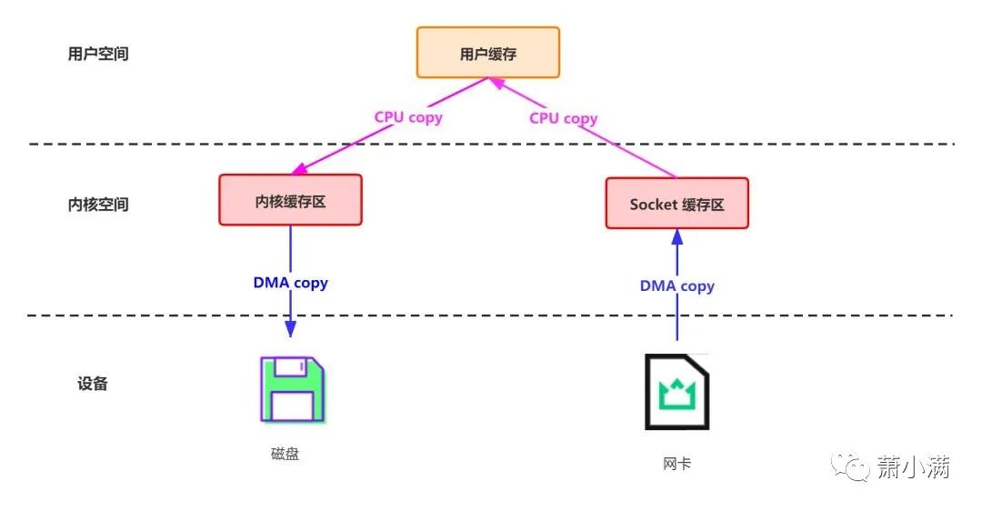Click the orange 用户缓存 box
[x=488, y=53]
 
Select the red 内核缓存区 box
[x=290, y=200]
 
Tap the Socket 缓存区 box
[x=676, y=203]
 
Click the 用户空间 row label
[x=98, y=54]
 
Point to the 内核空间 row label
[x=98, y=205]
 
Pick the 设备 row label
[x=93, y=383]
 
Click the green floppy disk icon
[x=291, y=390]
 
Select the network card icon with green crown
[x=676, y=392]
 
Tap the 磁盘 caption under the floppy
[x=285, y=454]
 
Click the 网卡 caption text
[x=676, y=464]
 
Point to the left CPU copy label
[x=408, y=117]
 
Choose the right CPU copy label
[x=563, y=118]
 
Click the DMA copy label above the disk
[x=290, y=283]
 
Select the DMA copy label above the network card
[x=676, y=286]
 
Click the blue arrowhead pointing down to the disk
[x=290, y=329]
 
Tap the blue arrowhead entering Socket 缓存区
[x=676, y=236]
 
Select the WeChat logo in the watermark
[x=856, y=468]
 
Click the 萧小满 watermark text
[x=913, y=468]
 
